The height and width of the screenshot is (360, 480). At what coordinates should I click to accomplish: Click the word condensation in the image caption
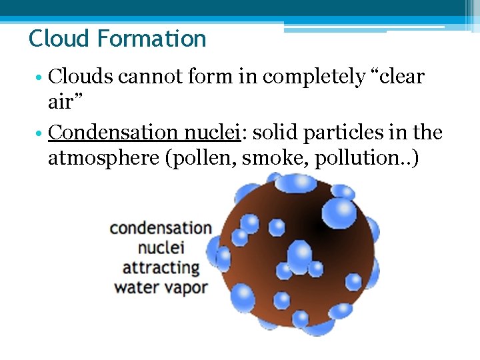point(161,228)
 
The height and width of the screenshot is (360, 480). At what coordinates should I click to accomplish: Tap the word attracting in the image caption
point(161,268)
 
